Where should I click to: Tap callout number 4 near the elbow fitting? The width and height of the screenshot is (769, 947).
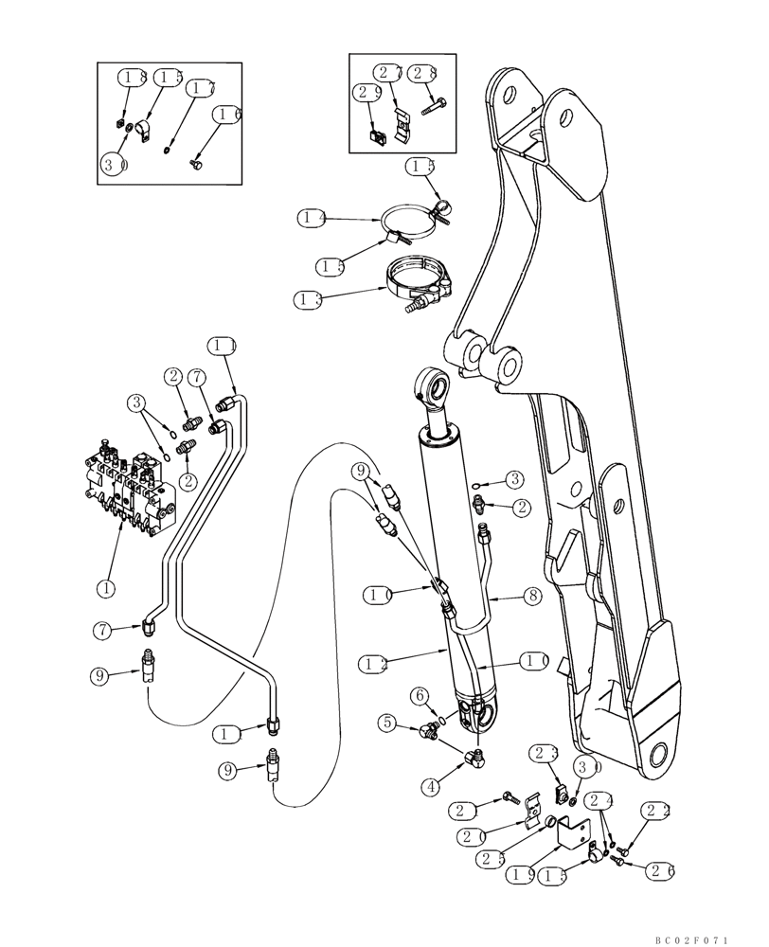coord(430,785)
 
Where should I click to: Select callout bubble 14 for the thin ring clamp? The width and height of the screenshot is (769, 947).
coord(312,219)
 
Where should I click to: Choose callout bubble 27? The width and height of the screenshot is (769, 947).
coord(386,73)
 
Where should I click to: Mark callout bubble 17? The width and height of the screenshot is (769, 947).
coord(199,87)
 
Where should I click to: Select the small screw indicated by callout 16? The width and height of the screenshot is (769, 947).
coord(197,164)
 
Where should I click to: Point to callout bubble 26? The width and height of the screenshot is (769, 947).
coord(658,868)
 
